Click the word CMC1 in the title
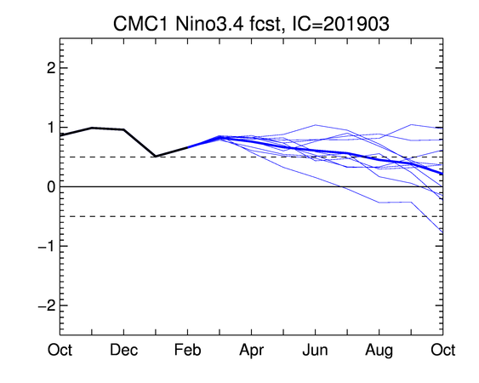tap(140, 24)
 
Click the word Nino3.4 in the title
tap(210, 24)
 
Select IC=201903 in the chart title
tap(341, 24)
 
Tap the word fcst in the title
tap(265, 24)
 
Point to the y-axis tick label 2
tap(51, 68)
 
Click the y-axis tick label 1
tap(52, 128)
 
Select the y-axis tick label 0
tap(51, 186)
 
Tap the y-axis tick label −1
tap(47, 246)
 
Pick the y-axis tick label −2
tap(47, 306)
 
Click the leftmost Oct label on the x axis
tap(60, 350)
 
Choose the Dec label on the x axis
tap(123, 350)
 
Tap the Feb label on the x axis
tap(187, 350)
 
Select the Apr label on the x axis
tap(252, 351)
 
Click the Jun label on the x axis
tap(315, 350)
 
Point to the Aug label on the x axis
tap(379, 351)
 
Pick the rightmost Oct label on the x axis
tap(443, 350)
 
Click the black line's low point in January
tap(156, 157)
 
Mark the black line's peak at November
tap(92, 128)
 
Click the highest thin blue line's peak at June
tap(316, 125)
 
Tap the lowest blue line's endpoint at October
tap(442, 233)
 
